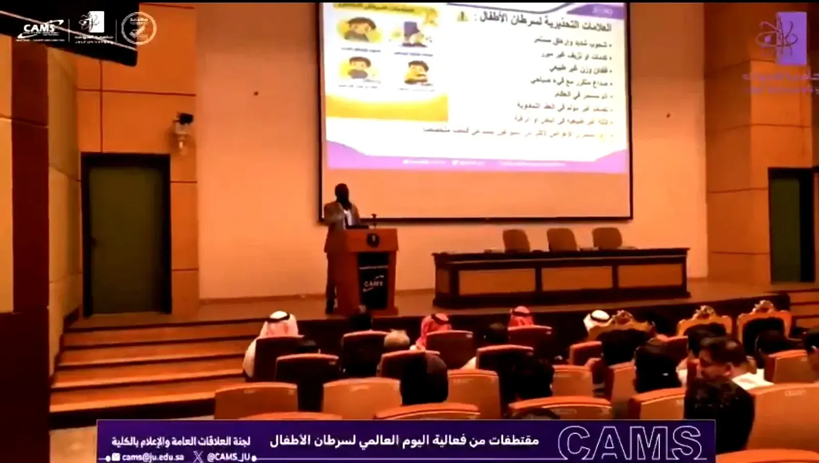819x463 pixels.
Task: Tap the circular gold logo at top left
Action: click(138, 28)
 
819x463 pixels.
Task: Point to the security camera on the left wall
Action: click(183, 120)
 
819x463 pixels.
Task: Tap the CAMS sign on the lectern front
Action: click(374, 283)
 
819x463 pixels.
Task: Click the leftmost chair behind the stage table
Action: click(516, 240)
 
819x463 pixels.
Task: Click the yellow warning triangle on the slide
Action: click(463, 16)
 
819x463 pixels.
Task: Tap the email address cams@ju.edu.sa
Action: click(153, 457)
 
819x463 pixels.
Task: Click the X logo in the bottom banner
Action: click(198, 457)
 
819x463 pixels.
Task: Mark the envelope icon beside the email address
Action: click(116, 457)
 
